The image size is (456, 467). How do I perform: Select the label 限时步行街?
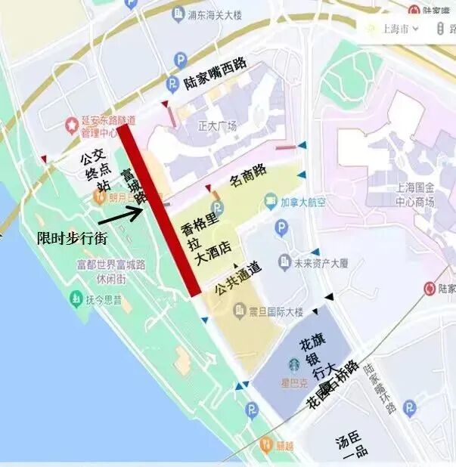(x=72, y=237)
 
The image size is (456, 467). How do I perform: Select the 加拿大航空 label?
(x=303, y=202)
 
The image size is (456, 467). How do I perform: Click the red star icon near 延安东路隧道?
(x=71, y=123)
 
